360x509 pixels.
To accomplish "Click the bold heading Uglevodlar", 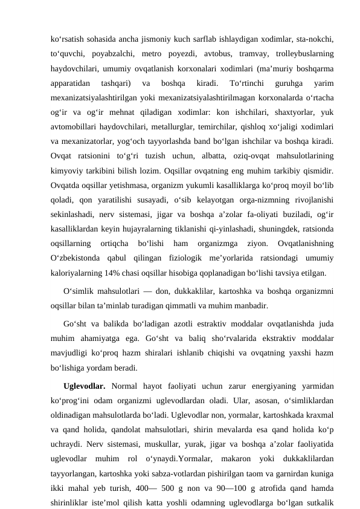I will point(84,384).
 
